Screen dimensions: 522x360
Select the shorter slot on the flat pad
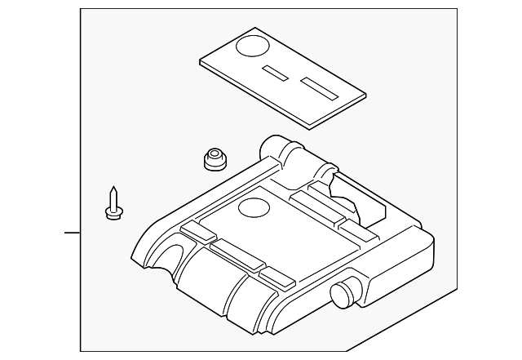pos(275,73)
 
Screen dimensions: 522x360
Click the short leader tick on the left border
pos(73,233)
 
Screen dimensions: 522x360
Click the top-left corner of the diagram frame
pos(81,10)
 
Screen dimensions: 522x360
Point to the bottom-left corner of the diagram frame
pos(81,350)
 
